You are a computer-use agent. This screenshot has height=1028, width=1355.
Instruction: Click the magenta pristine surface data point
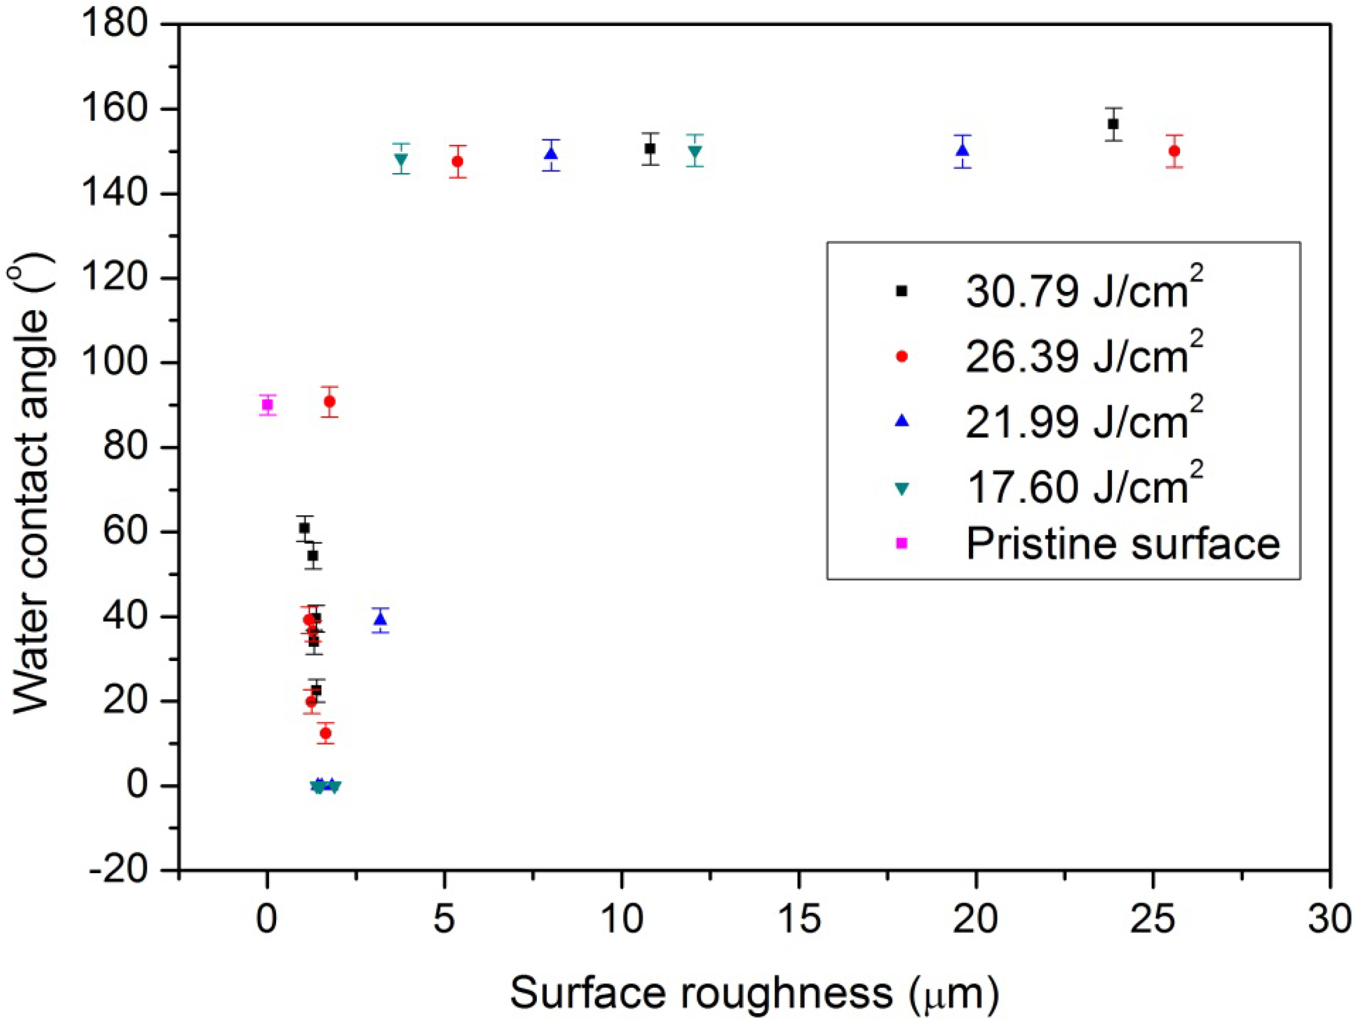click(267, 404)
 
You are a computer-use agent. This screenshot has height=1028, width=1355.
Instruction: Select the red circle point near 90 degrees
click(329, 402)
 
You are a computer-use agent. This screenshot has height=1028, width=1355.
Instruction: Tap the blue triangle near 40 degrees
click(380, 619)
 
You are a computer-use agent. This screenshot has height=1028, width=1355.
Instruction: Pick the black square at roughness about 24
click(1113, 124)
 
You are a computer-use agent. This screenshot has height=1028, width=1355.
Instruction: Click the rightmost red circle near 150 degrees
click(1174, 151)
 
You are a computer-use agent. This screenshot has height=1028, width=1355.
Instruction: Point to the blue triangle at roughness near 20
click(962, 150)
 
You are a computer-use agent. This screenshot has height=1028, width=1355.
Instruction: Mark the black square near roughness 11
click(650, 148)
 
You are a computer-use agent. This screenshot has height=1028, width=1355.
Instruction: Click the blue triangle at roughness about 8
click(552, 154)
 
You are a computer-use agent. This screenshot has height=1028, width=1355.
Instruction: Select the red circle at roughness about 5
click(458, 162)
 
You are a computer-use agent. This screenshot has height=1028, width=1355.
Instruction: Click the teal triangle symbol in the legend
click(901, 489)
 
